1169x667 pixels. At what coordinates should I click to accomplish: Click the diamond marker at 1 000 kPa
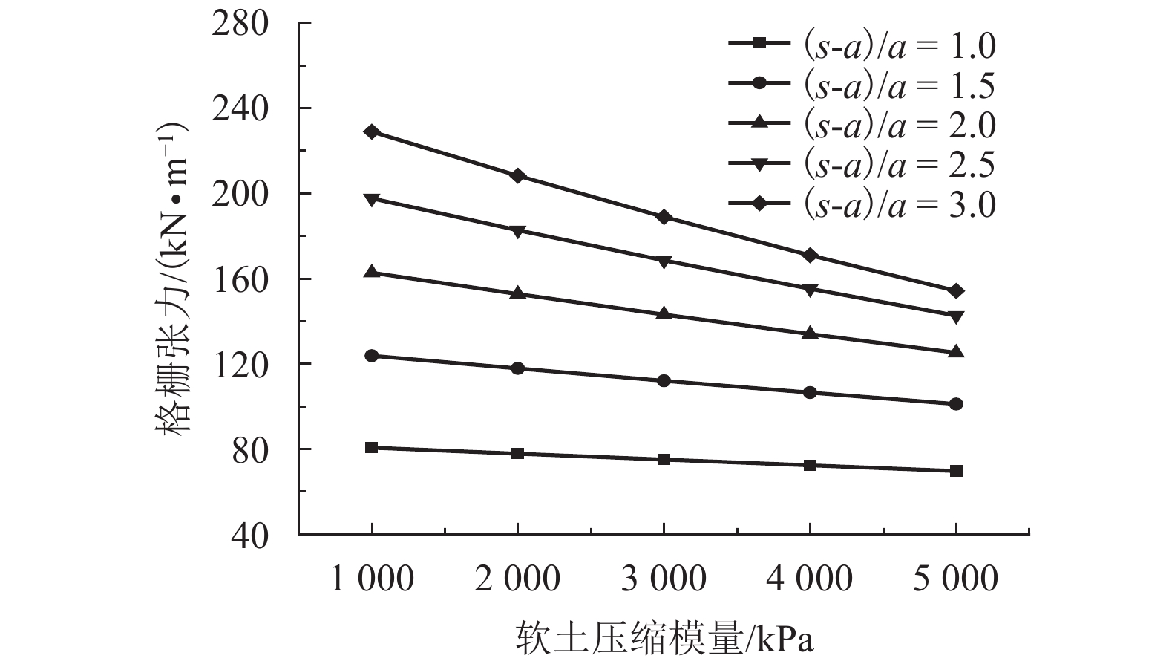tap(372, 131)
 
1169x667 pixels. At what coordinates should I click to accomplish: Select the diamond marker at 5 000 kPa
tap(956, 290)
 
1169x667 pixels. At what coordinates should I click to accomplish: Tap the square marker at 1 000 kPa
tap(372, 447)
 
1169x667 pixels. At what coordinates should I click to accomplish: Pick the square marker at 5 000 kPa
tap(956, 470)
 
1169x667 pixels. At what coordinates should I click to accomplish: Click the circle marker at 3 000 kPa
tap(664, 380)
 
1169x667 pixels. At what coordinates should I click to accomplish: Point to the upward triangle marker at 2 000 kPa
tap(518, 293)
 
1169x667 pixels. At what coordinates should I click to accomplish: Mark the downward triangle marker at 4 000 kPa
tap(810, 290)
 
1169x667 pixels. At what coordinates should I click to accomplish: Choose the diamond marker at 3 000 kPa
tap(664, 217)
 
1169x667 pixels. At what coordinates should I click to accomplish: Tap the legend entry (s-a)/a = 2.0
tap(861, 125)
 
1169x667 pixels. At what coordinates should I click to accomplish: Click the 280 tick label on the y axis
tap(239, 24)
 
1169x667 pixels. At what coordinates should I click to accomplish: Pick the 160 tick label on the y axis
tap(239, 279)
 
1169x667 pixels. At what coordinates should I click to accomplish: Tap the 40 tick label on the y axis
tap(249, 535)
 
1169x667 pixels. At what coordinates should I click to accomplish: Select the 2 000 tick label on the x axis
tap(517, 579)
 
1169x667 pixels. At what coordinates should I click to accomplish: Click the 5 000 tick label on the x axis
tap(955, 579)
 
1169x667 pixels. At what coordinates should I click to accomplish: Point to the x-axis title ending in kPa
tap(664, 637)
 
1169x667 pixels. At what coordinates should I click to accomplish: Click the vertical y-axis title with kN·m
tap(172, 279)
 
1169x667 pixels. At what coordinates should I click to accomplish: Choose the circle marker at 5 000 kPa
tap(956, 404)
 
